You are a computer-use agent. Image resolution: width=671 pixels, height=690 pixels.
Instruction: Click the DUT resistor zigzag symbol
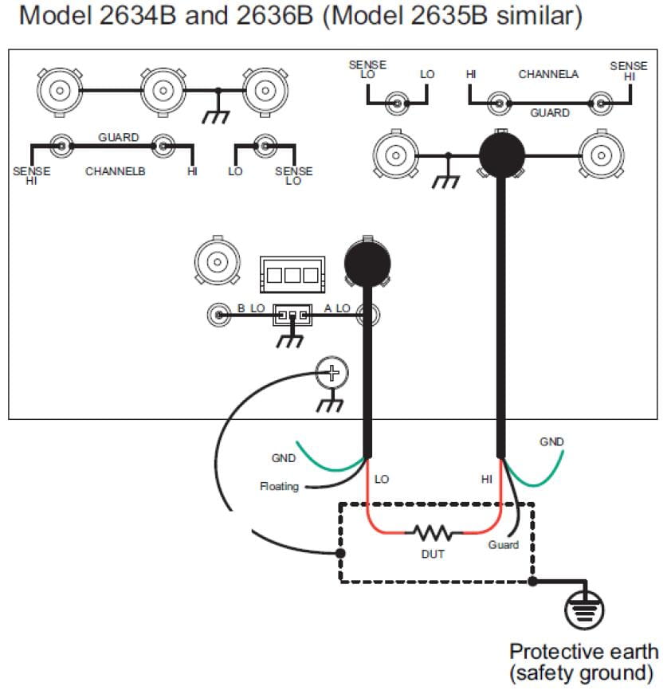433,532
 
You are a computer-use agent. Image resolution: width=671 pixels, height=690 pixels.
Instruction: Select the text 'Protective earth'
584,653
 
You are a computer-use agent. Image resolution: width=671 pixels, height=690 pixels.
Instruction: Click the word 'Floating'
279,486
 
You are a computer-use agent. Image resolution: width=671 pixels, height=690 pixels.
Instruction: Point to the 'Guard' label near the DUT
503,545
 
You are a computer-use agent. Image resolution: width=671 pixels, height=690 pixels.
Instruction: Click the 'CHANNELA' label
548,74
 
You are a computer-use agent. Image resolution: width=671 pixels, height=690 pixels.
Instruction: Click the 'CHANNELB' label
116,171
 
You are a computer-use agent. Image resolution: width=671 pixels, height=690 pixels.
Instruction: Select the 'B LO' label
251,308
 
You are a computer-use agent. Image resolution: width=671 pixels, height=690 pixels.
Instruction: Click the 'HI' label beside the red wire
486,479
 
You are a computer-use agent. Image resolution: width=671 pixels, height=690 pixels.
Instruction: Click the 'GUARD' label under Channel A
550,113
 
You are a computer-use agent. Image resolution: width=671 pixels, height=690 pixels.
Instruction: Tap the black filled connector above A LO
367,261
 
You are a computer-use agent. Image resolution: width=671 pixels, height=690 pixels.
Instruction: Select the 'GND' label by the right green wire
551,441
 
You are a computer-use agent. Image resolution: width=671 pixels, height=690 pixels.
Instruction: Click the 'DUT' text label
433,554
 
